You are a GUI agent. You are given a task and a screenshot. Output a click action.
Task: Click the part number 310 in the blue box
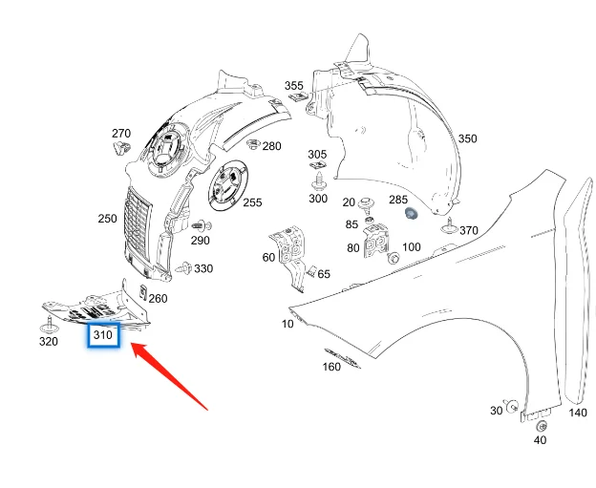102,335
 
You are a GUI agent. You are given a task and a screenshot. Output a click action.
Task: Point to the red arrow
169,376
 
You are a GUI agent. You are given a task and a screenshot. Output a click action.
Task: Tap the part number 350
467,138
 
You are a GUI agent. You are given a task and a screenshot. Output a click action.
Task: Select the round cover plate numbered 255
227,185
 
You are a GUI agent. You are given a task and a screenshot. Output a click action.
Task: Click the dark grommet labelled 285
412,214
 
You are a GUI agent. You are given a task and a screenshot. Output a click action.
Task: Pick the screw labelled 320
49,324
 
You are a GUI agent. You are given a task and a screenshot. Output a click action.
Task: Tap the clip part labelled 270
121,147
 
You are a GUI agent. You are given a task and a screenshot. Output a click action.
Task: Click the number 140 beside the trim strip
577,413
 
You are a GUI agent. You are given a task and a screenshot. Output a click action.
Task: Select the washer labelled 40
541,427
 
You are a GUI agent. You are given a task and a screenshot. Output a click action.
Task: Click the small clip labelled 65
311,271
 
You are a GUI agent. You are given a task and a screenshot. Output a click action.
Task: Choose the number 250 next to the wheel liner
107,219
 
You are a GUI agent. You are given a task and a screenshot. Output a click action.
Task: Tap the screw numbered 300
319,180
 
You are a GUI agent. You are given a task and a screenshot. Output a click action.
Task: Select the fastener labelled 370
449,226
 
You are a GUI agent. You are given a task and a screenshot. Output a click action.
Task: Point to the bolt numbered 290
202,226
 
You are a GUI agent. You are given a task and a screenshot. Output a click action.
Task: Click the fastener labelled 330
184,268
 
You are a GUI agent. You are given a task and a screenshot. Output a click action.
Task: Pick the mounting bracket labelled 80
376,242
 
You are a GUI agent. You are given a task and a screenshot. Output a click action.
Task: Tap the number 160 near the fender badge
331,367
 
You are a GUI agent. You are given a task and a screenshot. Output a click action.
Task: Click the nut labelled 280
253,145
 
